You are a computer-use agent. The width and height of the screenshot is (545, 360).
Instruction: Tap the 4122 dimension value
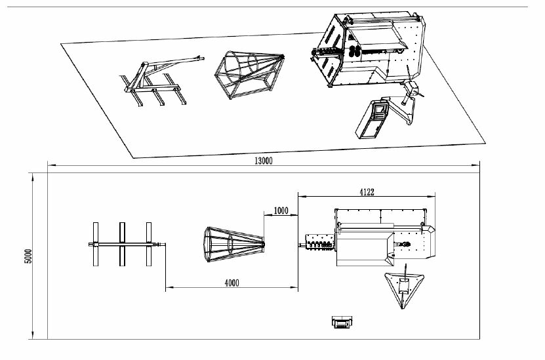pos(367,192)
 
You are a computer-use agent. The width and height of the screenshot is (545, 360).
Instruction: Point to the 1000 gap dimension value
pos(281,210)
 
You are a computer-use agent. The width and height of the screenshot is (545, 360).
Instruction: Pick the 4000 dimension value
pos(232,283)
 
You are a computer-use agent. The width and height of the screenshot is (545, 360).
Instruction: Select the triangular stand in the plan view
pos(403,287)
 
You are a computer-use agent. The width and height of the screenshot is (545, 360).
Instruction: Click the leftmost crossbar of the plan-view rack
pos(95,245)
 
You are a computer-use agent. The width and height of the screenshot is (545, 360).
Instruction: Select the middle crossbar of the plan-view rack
pos(122,245)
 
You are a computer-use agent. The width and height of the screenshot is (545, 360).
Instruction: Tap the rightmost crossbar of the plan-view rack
pos(149,245)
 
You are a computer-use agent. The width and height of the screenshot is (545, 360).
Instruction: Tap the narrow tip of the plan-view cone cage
pos(264,245)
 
